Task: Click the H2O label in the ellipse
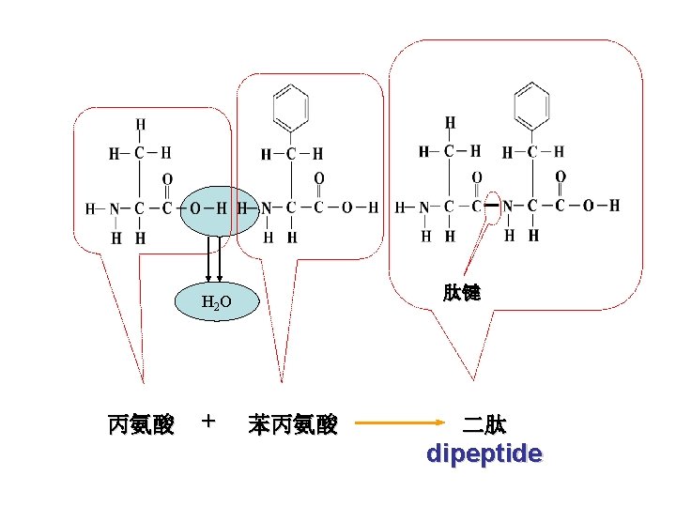(216, 301)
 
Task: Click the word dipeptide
(484, 454)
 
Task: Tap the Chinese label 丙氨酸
(141, 425)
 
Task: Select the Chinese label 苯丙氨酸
(293, 425)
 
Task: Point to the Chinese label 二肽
(484, 425)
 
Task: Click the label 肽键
(462, 293)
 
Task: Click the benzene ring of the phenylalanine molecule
(291, 106)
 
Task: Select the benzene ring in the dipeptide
(532, 103)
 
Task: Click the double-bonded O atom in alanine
(167, 178)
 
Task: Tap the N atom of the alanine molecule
(115, 208)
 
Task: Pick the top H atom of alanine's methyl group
(140, 123)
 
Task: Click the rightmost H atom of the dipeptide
(614, 205)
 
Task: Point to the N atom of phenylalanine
(267, 208)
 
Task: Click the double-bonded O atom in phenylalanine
(319, 178)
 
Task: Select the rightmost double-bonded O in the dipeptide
(561, 176)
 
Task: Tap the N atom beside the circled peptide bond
(507, 206)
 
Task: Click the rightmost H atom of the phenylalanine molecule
(373, 208)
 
